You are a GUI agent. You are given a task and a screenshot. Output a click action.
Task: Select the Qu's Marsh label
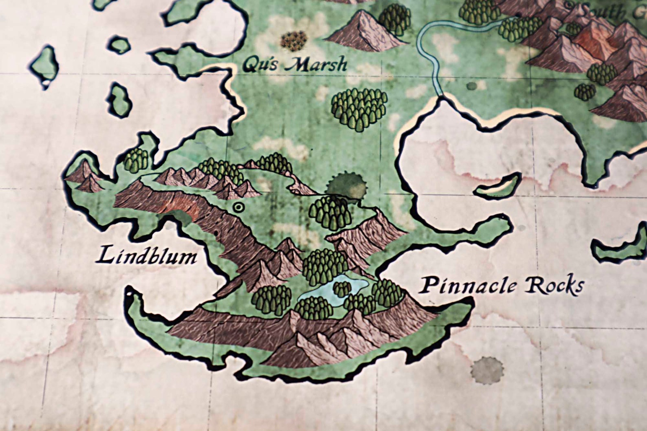295,64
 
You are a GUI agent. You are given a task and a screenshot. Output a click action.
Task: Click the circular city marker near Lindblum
238,208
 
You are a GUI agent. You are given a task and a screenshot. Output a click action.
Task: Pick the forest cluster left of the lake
271,299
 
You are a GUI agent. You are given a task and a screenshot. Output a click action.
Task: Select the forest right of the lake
387,292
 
